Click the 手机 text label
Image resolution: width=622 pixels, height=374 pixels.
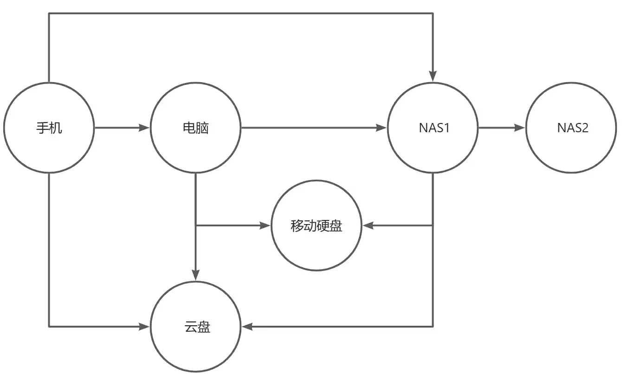point(49,128)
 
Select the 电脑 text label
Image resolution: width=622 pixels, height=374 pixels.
point(195,128)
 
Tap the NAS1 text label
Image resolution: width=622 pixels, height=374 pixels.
point(433,128)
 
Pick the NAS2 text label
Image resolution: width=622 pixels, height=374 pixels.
point(572,128)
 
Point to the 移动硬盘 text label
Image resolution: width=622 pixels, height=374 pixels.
point(317,226)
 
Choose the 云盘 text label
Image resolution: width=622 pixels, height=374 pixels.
point(195,327)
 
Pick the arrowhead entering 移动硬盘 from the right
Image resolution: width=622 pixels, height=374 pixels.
point(368,226)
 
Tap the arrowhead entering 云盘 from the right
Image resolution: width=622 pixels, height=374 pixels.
point(246,327)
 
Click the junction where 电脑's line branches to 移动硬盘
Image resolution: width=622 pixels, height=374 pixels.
point(195,226)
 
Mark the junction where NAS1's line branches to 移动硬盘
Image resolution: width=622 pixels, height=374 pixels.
point(433,226)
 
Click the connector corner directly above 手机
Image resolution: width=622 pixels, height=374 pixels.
point(49,13)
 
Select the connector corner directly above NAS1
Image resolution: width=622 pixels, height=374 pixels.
point(433,13)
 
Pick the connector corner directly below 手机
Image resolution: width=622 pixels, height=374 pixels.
point(49,327)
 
